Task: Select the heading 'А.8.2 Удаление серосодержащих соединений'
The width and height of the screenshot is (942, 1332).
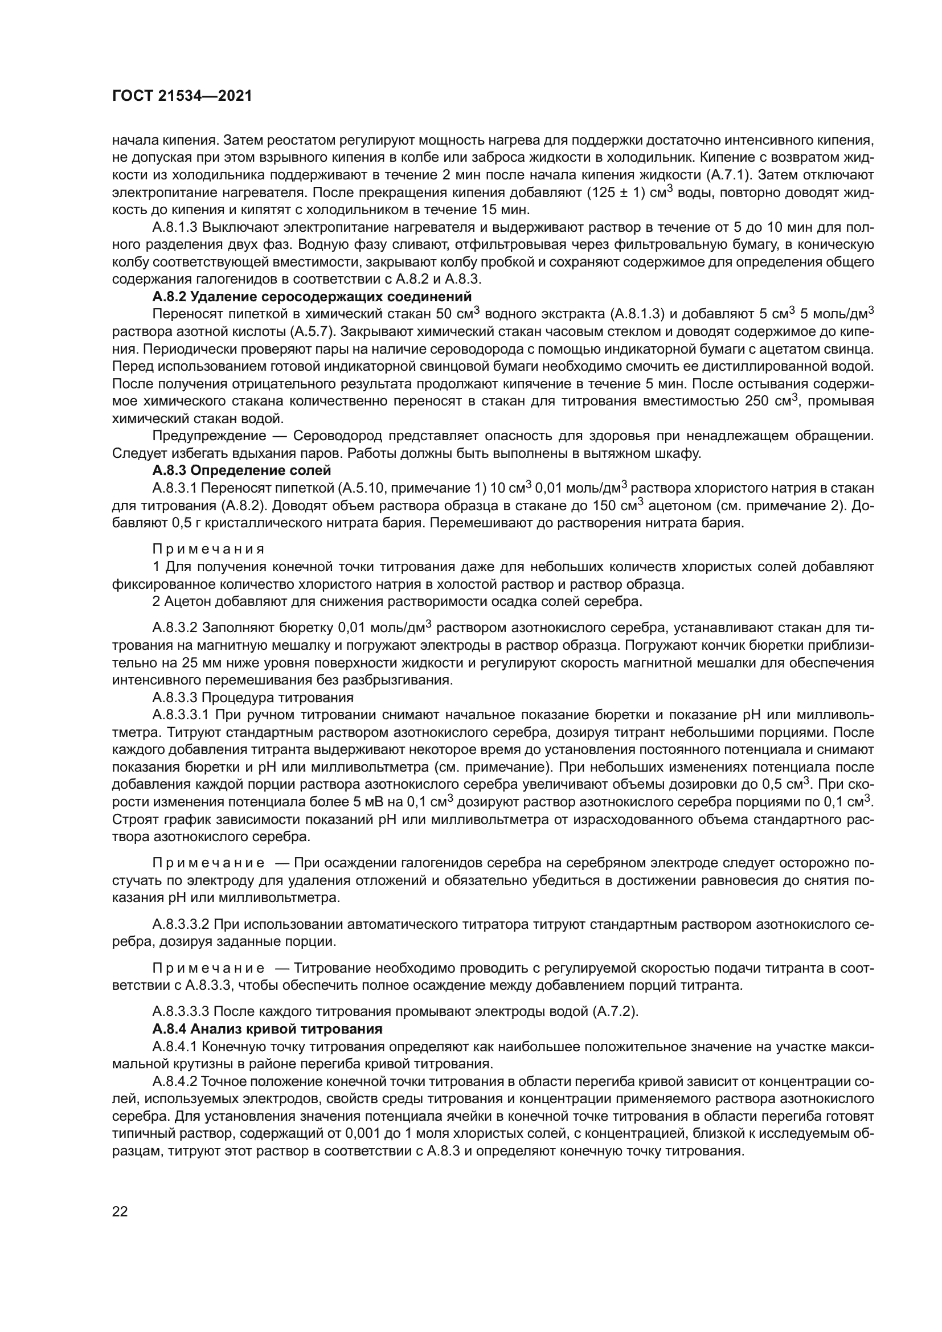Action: point(312,297)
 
